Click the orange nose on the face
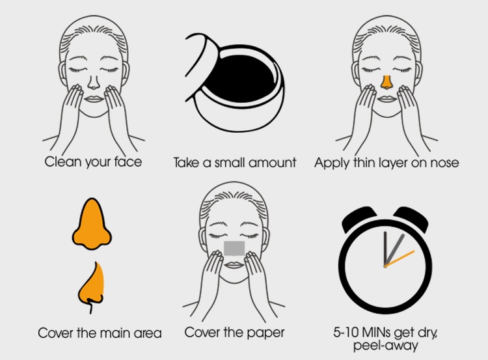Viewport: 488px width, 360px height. pyautogui.click(x=386, y=82)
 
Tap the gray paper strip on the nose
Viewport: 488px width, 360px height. pyautogui.click(x=234, y=248)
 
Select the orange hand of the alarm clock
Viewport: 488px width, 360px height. pyautogui.click(x=400, y=259)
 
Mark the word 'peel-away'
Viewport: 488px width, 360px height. pyautogui.click(x=386, y=346)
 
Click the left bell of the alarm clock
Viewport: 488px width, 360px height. pyautogui.click(x=359, y=218)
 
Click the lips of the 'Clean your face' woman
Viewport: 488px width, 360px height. pyautogui.click(x=94, y=100)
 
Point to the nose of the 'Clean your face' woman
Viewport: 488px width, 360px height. pyautogui.click(x=94, y=82)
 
